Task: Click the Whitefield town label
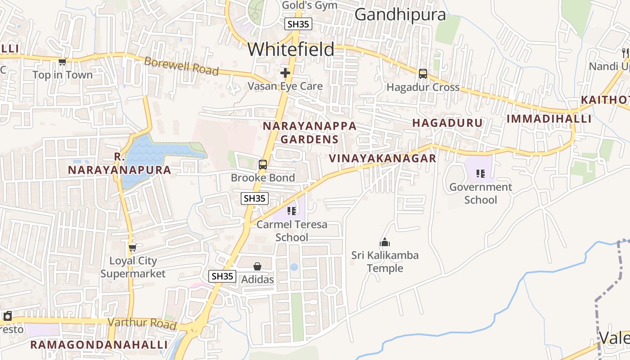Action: (x=291, y=49)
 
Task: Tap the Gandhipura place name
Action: (x=400, y=14)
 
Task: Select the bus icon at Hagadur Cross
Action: (x=423, y=73)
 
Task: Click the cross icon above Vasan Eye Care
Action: (x=285, y=72)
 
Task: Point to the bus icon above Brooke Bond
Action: (x=263, y=165)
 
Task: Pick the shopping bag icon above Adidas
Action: (x=257, y=266)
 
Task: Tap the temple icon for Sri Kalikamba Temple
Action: (x=385, y=243)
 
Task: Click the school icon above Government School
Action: (x=481, y=173)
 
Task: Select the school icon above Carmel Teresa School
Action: (x=292, y=211)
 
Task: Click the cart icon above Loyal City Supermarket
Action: (x=132, y=247)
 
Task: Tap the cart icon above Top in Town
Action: (x=62, y=62)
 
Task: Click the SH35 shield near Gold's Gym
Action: (x=298, y=24)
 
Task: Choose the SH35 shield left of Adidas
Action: (x=222, y=276)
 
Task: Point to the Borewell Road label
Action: (x=181, y=66)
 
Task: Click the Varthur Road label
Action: (x=142, y=323)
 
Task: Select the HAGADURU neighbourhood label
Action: (x=447, y=123)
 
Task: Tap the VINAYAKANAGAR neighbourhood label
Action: (x=382, y=158)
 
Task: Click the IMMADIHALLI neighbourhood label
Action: (x=549, y=119)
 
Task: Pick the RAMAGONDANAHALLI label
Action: (x=99, y=345)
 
